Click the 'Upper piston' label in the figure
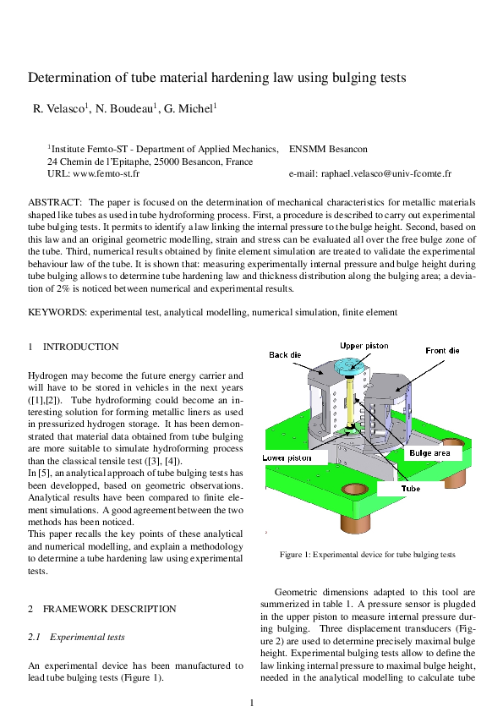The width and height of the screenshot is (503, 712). pos(364,346)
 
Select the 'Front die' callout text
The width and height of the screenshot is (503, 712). pos(442,349)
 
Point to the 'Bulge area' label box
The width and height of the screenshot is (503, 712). pos(435,453)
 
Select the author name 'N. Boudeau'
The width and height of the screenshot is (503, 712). pos(128,109)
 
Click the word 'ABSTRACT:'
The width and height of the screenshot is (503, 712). pos(55,203)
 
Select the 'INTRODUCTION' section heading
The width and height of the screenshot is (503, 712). pos(80,347)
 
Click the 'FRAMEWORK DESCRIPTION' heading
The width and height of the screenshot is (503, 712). pos(109,609)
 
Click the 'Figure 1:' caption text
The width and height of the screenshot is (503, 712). pos(295,555)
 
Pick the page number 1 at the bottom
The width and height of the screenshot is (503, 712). pos(252,703)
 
